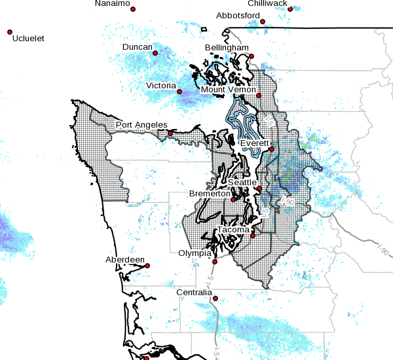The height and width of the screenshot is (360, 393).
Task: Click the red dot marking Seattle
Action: tap(259, 189)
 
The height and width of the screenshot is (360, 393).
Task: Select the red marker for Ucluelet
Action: tap(10, 31)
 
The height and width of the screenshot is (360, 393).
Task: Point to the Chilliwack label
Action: tap(267, 3)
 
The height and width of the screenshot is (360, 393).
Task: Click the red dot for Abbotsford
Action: tap(263, 22)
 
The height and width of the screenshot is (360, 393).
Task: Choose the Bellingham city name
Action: tap(227, 48)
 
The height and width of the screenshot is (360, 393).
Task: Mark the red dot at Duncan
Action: tap(155, 53)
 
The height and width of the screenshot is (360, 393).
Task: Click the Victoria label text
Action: tap(161, 86)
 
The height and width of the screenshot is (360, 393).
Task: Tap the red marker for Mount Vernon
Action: tap(259, 96)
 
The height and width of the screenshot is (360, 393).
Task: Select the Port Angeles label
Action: tap(141, 125)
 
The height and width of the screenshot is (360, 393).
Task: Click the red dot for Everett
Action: tap(271, 150)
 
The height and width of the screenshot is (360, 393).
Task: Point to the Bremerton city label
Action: tap(210, 194)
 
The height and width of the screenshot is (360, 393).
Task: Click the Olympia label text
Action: tap(195, 253)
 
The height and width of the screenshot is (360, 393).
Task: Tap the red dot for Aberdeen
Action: tap(147, 266)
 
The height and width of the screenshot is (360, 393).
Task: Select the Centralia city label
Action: tap(195, 292)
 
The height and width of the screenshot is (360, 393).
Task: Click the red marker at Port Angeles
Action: tap(170, 134)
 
